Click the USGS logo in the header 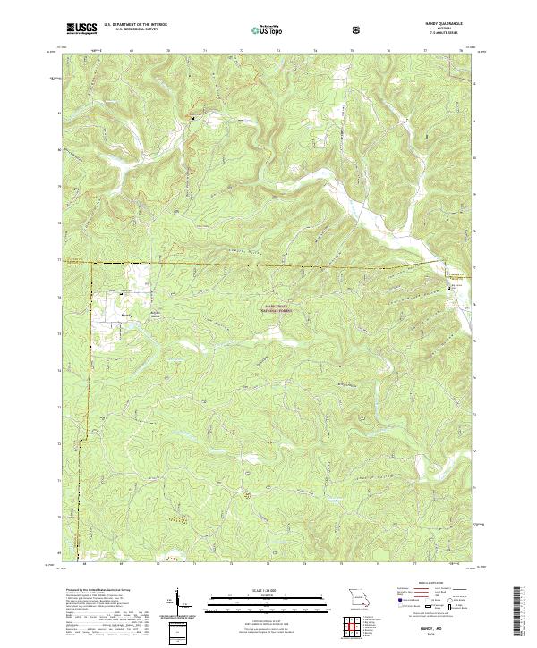82,29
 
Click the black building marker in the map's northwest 190,116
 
